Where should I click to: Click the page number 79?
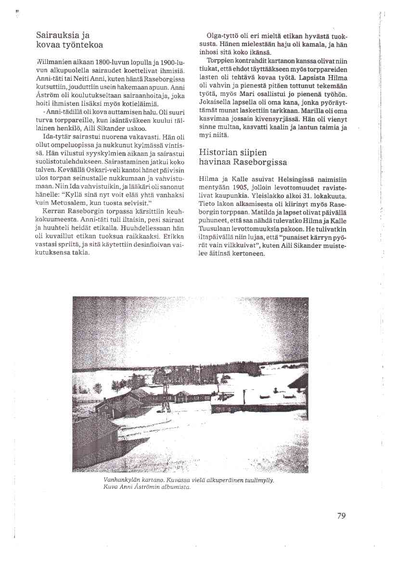click(x=341, y=516)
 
